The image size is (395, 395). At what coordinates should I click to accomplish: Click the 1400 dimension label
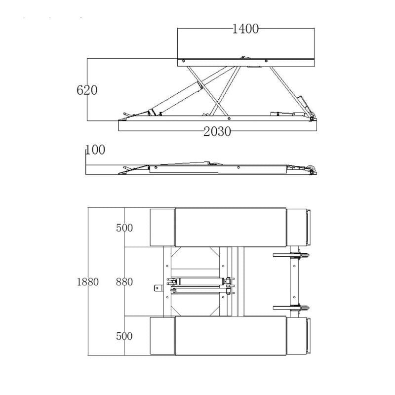pos(245,29)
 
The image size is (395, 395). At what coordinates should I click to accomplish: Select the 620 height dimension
pos(87,90)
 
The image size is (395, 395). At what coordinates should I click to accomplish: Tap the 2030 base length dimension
pos(218,131)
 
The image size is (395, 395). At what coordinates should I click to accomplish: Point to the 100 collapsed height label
pos(95,150)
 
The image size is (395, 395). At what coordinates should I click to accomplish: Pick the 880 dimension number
pos(124,282)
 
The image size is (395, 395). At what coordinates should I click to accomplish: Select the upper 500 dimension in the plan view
pos(124,228)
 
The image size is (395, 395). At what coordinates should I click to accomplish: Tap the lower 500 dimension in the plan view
pos(124,336)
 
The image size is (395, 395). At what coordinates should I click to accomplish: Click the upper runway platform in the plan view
pos(231,227)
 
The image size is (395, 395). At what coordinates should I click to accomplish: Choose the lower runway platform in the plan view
pos(231,336)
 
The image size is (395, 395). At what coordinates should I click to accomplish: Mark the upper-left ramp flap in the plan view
pos(162,227)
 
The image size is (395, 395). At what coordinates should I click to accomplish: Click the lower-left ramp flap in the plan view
pos(162,336)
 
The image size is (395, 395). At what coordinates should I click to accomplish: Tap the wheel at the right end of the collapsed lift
pos(311,169)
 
